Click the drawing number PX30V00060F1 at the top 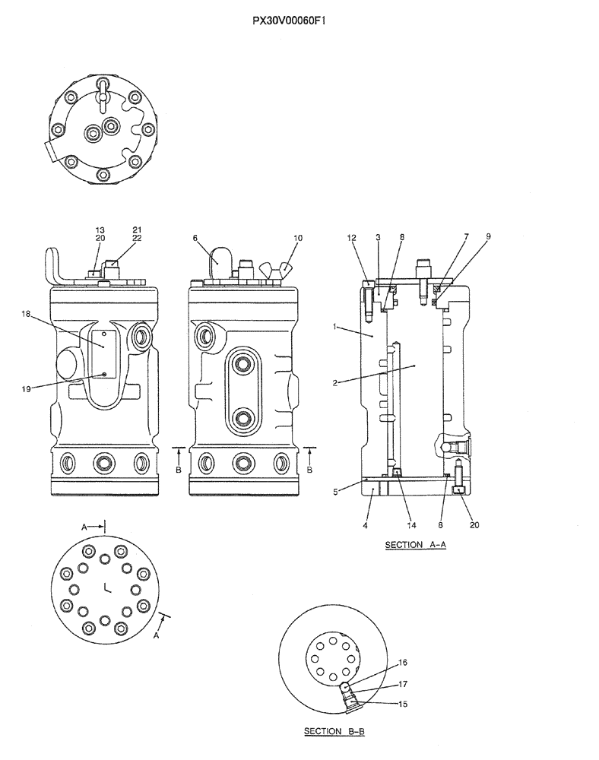click(x=299, y=22)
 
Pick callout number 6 click(x=195, y=238)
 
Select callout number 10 click(x=297, y=238)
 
